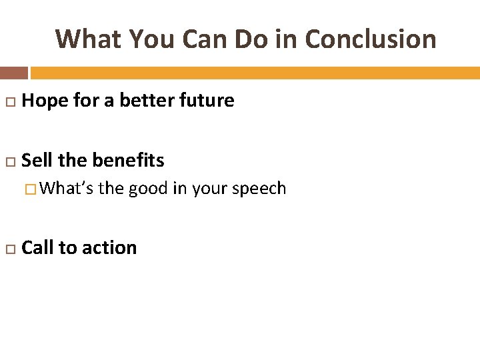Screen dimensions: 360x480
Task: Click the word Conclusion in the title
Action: coord(370,39)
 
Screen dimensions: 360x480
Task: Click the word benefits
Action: coord(128,161)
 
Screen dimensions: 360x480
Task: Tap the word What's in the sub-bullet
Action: coord(67,189)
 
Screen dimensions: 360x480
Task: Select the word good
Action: coord(148,189)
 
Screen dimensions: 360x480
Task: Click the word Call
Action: coord(38,247)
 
